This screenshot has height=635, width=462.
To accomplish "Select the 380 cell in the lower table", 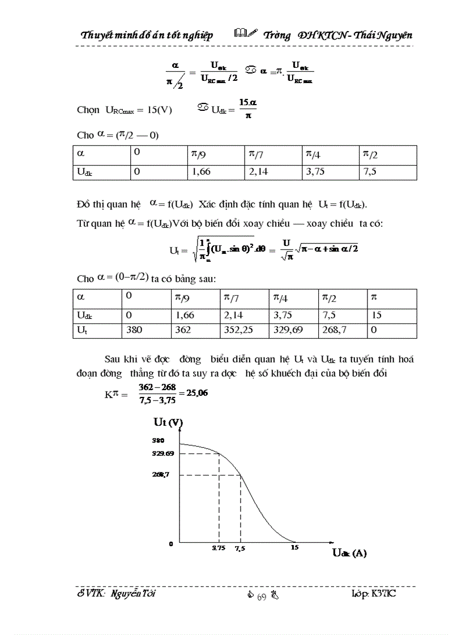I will [134, 331].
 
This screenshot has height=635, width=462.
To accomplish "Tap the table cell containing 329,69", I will [288, 331].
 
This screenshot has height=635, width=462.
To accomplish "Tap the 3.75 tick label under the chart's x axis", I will [218, 548].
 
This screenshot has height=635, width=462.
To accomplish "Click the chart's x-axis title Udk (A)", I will [349, 554].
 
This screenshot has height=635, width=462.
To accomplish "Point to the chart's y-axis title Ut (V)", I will [168, 422].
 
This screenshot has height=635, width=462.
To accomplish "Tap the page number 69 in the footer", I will [262, 595].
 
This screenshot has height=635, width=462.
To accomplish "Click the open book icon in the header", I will [238, 34].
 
